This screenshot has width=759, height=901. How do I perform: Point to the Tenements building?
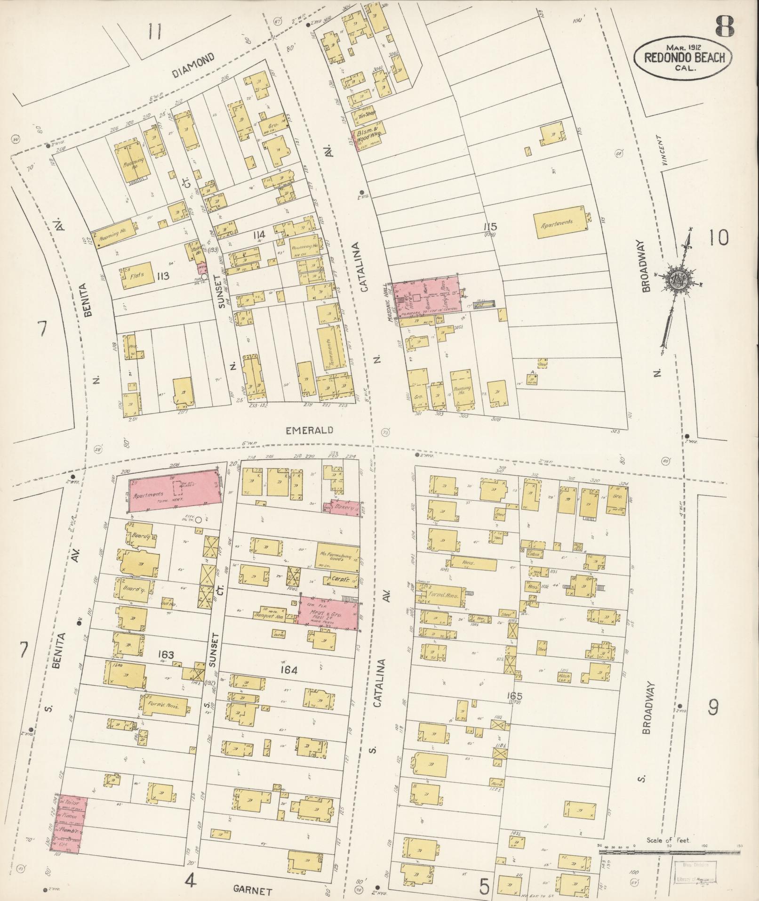point(328,348)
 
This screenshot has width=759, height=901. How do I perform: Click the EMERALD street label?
point(310,430)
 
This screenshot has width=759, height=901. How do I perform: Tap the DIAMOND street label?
point(193,65)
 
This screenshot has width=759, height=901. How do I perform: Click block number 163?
point(166,655)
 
